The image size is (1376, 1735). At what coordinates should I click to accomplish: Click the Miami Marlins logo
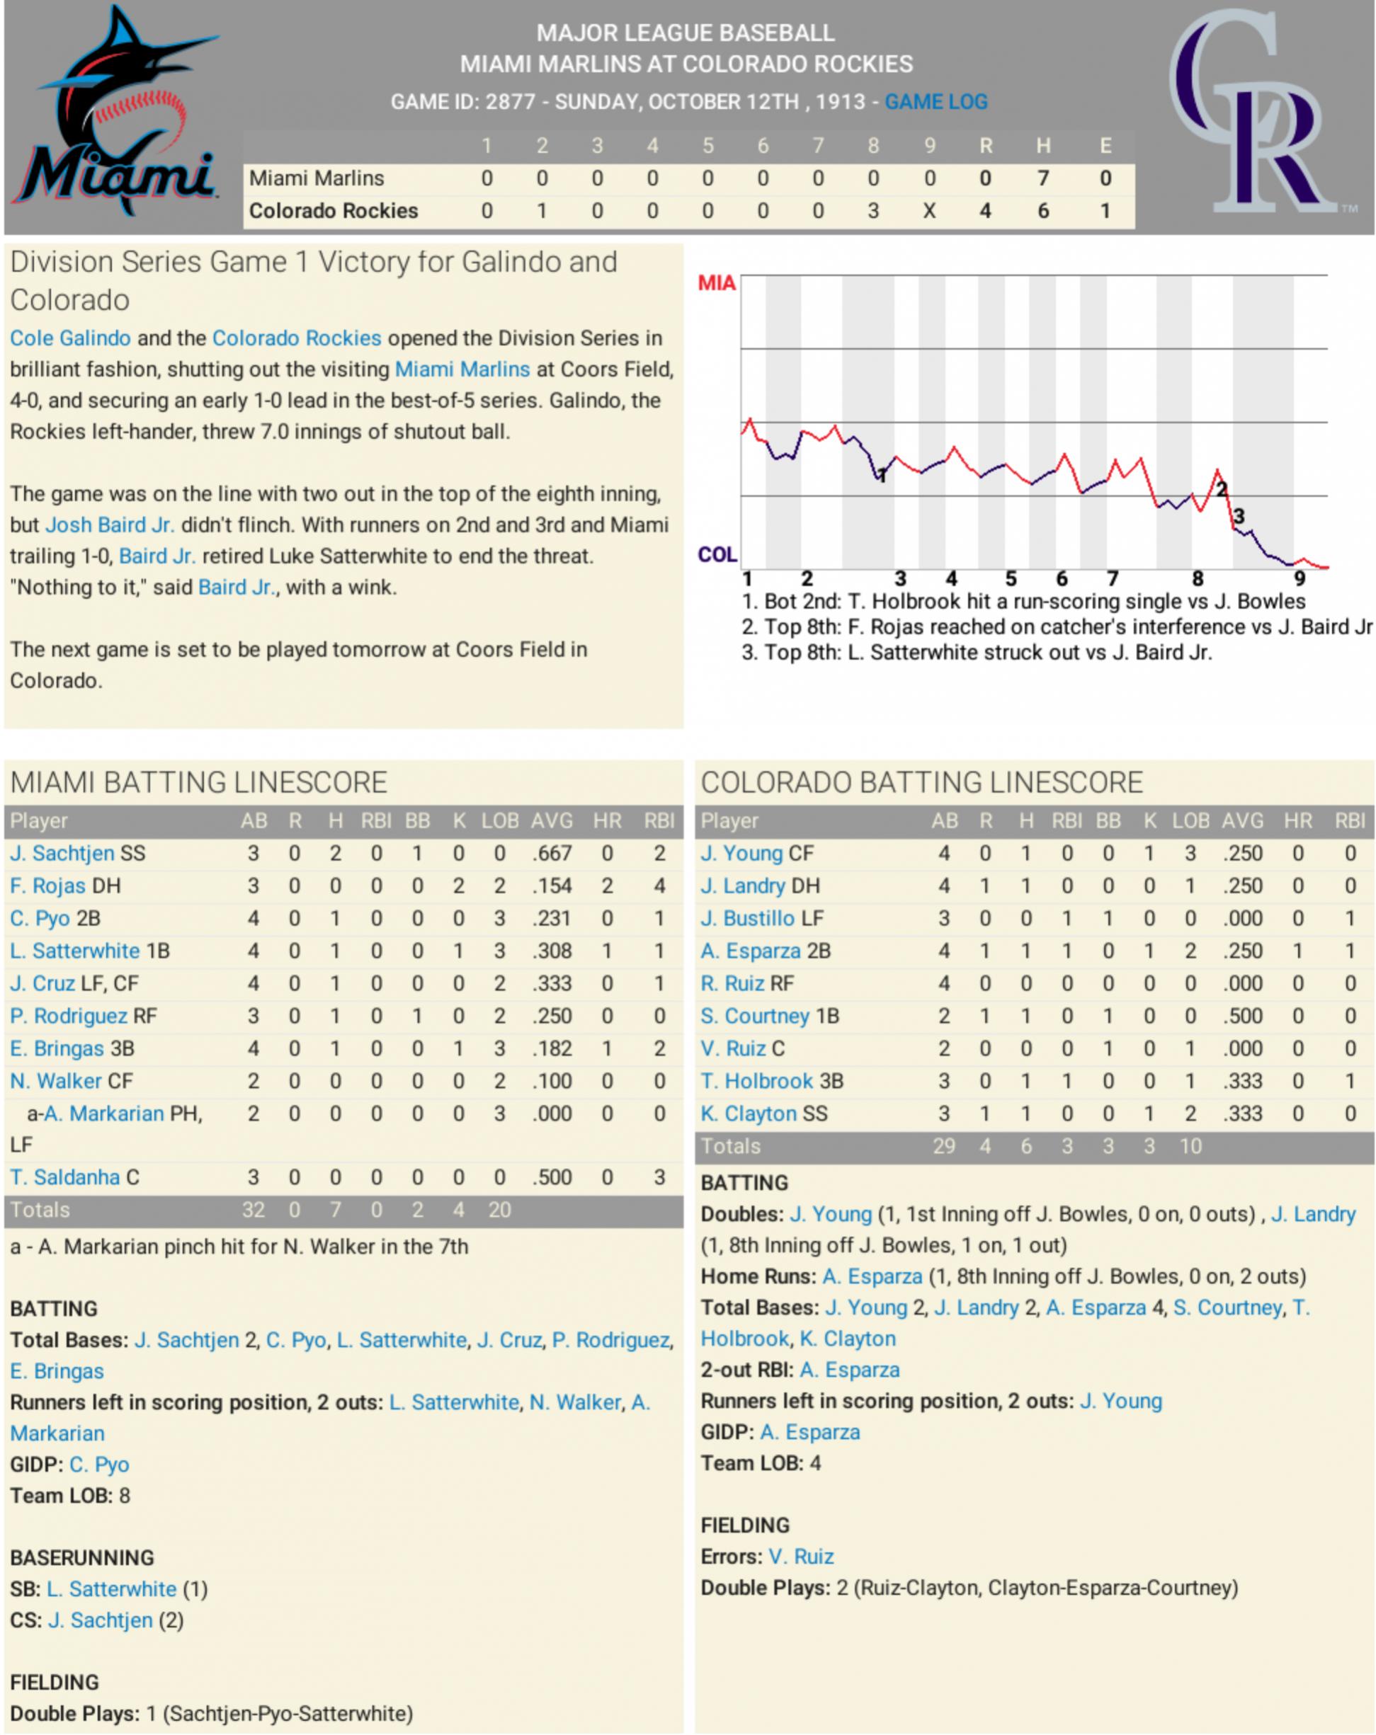[114, 113]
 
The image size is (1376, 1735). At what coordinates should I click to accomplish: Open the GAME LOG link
[936, 102]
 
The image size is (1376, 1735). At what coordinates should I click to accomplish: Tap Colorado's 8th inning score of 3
[872, 211]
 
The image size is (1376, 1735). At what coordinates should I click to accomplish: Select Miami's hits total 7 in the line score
[1042, 178]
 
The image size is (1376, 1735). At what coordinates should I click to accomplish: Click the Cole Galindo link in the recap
[70, 338]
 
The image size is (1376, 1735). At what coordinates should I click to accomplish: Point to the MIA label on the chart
[716, 283]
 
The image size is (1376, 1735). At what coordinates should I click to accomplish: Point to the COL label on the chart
[717, 554]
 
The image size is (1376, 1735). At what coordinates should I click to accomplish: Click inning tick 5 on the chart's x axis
[1011, 578]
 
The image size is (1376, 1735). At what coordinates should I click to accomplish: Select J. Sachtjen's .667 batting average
[552, 853]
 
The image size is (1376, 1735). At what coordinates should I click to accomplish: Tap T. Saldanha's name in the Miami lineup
[64, 1177]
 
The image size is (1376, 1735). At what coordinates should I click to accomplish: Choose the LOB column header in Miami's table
[499, 821]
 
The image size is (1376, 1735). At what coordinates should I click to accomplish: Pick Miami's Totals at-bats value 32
[253, 1210]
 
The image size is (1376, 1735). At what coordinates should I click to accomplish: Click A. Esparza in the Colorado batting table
[754, 951]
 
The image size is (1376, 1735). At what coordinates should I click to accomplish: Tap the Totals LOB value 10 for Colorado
[1190, 1146]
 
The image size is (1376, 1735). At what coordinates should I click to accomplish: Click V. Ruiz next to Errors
[800, 1557]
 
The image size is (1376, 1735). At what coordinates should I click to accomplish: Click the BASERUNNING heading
[82, 1558]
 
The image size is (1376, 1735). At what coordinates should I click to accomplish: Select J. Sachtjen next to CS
[100, 1620]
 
